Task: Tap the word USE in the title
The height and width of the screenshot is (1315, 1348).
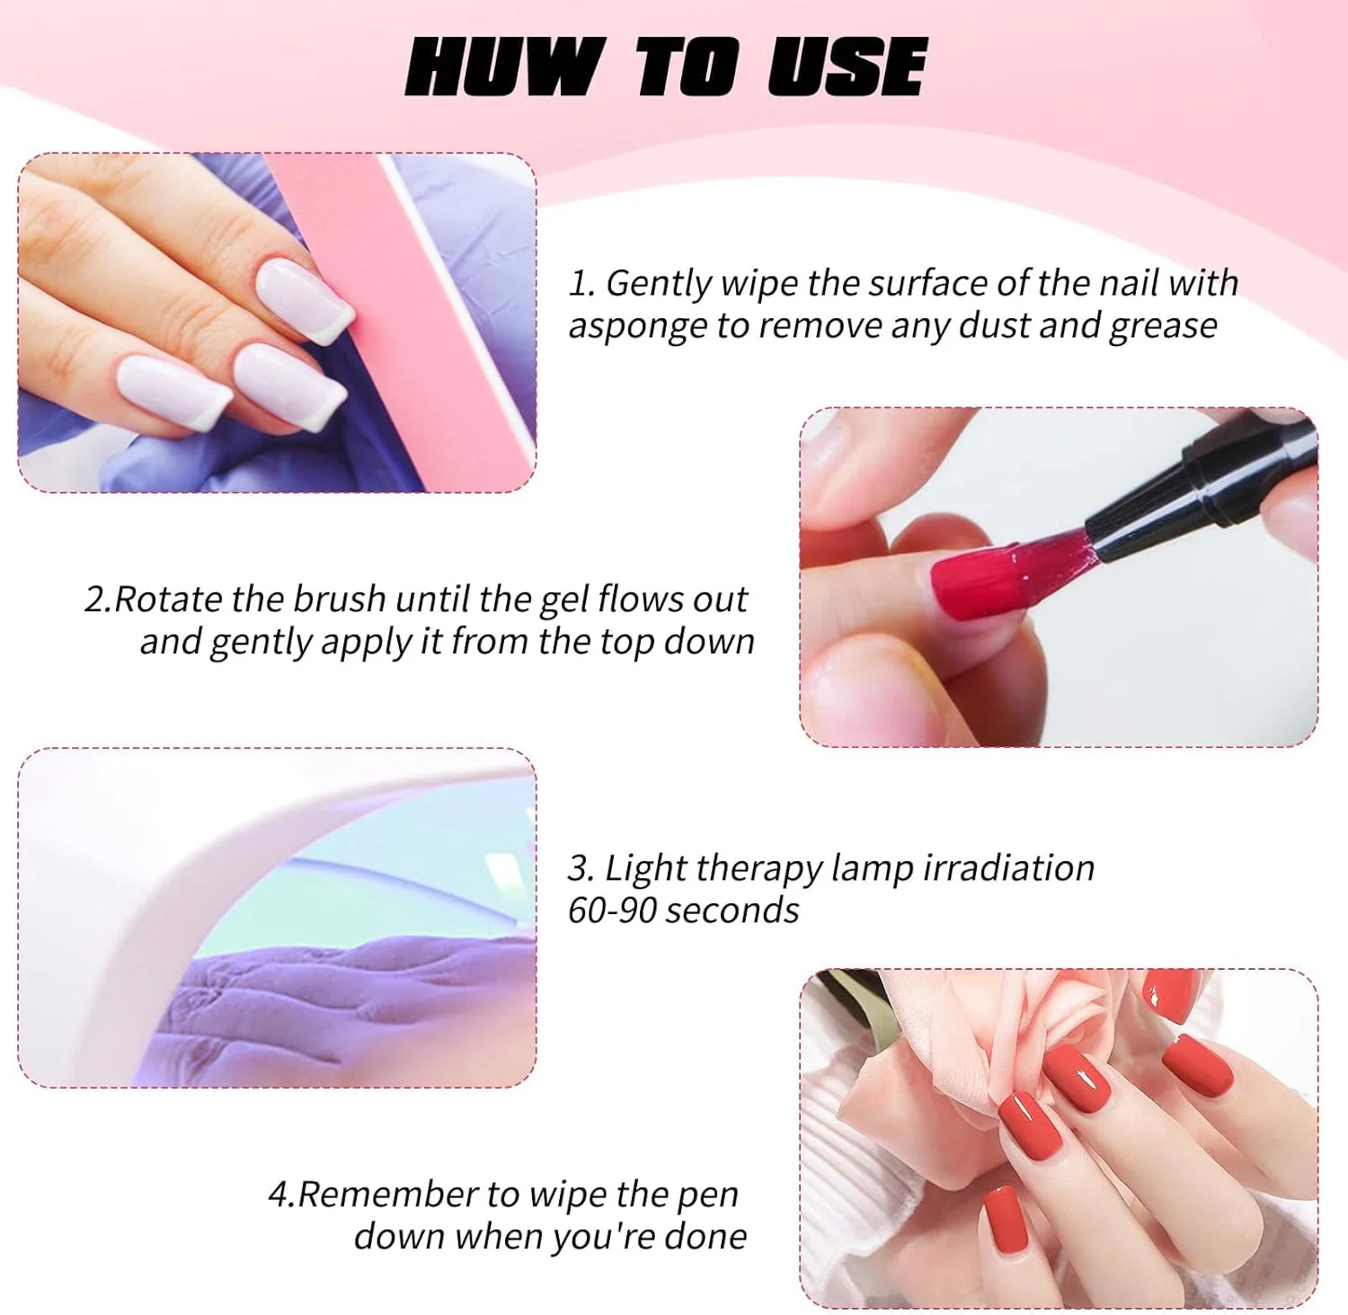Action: [x=846, y=67]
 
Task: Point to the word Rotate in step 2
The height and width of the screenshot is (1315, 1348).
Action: [x=169, y=599]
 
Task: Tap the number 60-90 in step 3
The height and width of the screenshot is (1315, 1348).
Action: [x=613, y=911]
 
